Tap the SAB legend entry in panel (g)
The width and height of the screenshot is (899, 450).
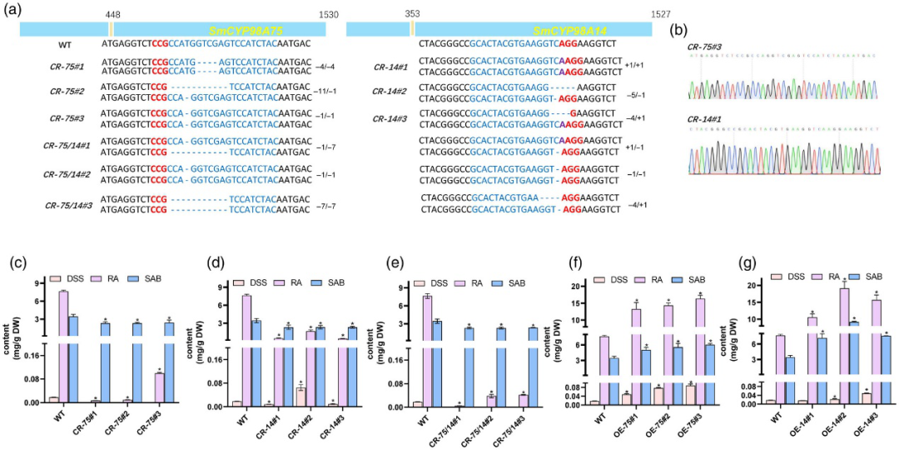pyautogui.click(x=869, y=277)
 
